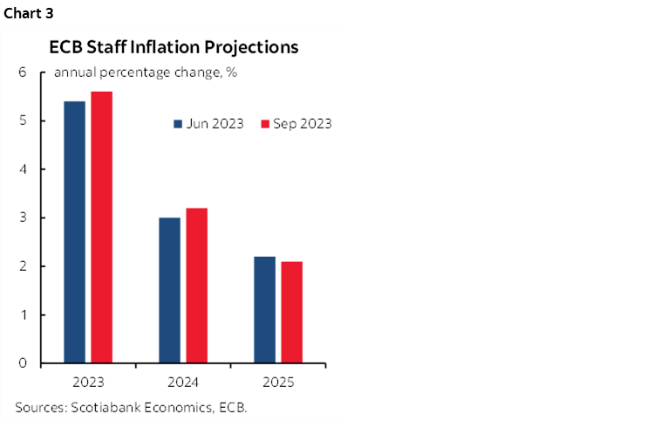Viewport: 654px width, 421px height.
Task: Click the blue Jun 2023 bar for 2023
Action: [x=74, y=231]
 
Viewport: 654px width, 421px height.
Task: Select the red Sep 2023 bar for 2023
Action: [x=101, y=227]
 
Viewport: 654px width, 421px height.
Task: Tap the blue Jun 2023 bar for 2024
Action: [x=169, y=290]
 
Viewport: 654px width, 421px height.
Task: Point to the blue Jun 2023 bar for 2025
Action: [x=264, y=309]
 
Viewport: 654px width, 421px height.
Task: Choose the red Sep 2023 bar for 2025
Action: [x=291, y=312]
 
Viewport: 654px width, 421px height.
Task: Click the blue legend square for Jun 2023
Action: [x=177, y=124]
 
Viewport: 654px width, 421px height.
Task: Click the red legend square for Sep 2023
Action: [x=266, y=124]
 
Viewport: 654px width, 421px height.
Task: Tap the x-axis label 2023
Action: [x=88, y=383]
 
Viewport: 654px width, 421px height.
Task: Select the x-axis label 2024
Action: [x=183, y=383]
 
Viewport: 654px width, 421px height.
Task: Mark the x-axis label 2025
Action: [x=278, y=383]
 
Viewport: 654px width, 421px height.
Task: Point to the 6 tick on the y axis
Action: [x=22, y=72]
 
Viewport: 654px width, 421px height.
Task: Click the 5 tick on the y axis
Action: [x=22, y=121]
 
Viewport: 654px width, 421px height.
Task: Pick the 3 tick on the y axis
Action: [x=22, y=217]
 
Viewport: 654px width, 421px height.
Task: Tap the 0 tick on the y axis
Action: [x=22, y=363]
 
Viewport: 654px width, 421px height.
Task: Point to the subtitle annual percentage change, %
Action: [x=146, y=72]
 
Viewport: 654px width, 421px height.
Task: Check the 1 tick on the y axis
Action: [x=22, y=314]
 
